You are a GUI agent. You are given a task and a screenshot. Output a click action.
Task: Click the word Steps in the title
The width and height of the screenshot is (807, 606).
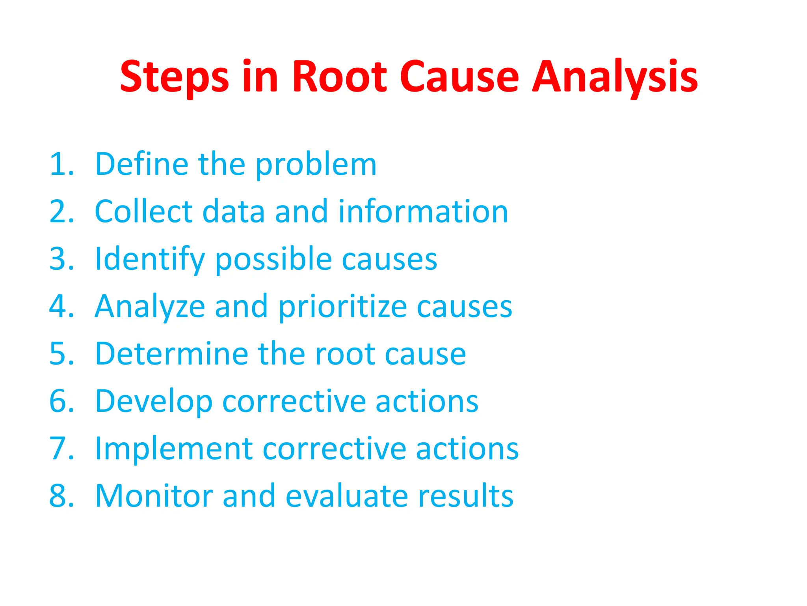coord(174,77)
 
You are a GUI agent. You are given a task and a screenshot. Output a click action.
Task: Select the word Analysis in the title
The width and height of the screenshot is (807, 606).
coord(615,77)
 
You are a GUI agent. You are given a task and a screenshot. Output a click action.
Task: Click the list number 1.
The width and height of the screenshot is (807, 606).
coord(61,164)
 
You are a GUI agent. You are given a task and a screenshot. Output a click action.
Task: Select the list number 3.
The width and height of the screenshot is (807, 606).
coord(61,259)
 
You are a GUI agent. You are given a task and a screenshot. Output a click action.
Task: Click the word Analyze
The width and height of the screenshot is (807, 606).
coord(150,307)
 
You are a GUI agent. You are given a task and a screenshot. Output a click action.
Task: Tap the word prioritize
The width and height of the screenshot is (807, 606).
coord(343,307)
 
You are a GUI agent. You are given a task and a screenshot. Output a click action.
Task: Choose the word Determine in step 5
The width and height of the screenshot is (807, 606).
coord(171,354)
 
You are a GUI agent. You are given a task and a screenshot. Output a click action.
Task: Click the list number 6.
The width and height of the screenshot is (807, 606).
coord(61,401)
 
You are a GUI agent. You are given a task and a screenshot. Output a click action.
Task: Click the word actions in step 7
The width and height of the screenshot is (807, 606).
coord(467,449)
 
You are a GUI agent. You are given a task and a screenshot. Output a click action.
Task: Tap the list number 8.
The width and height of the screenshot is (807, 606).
coord(61,496)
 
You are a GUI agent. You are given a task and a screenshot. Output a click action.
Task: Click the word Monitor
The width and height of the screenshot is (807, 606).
coord(154,496)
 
